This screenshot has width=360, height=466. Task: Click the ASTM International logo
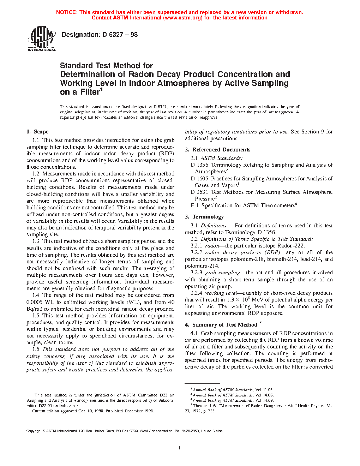tap(41, 39)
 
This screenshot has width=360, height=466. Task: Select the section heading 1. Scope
tap(37, 132)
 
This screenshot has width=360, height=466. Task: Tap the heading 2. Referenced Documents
tap(217, 150)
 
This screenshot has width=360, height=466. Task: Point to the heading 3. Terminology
tap(204, 217)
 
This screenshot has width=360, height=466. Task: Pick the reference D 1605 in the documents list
tap(199, 179)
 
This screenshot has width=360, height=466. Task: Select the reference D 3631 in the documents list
tap(199, 192)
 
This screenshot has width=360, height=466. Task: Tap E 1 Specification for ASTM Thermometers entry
tap(244, 205)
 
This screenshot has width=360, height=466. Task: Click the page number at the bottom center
tap(180, 448)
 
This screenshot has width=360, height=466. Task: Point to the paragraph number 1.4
tap(36, 295)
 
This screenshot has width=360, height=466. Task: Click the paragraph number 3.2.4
tap(196, 293)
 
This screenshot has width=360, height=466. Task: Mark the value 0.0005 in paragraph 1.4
tap(35, 302)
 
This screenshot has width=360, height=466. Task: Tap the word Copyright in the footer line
tap(34, 431)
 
